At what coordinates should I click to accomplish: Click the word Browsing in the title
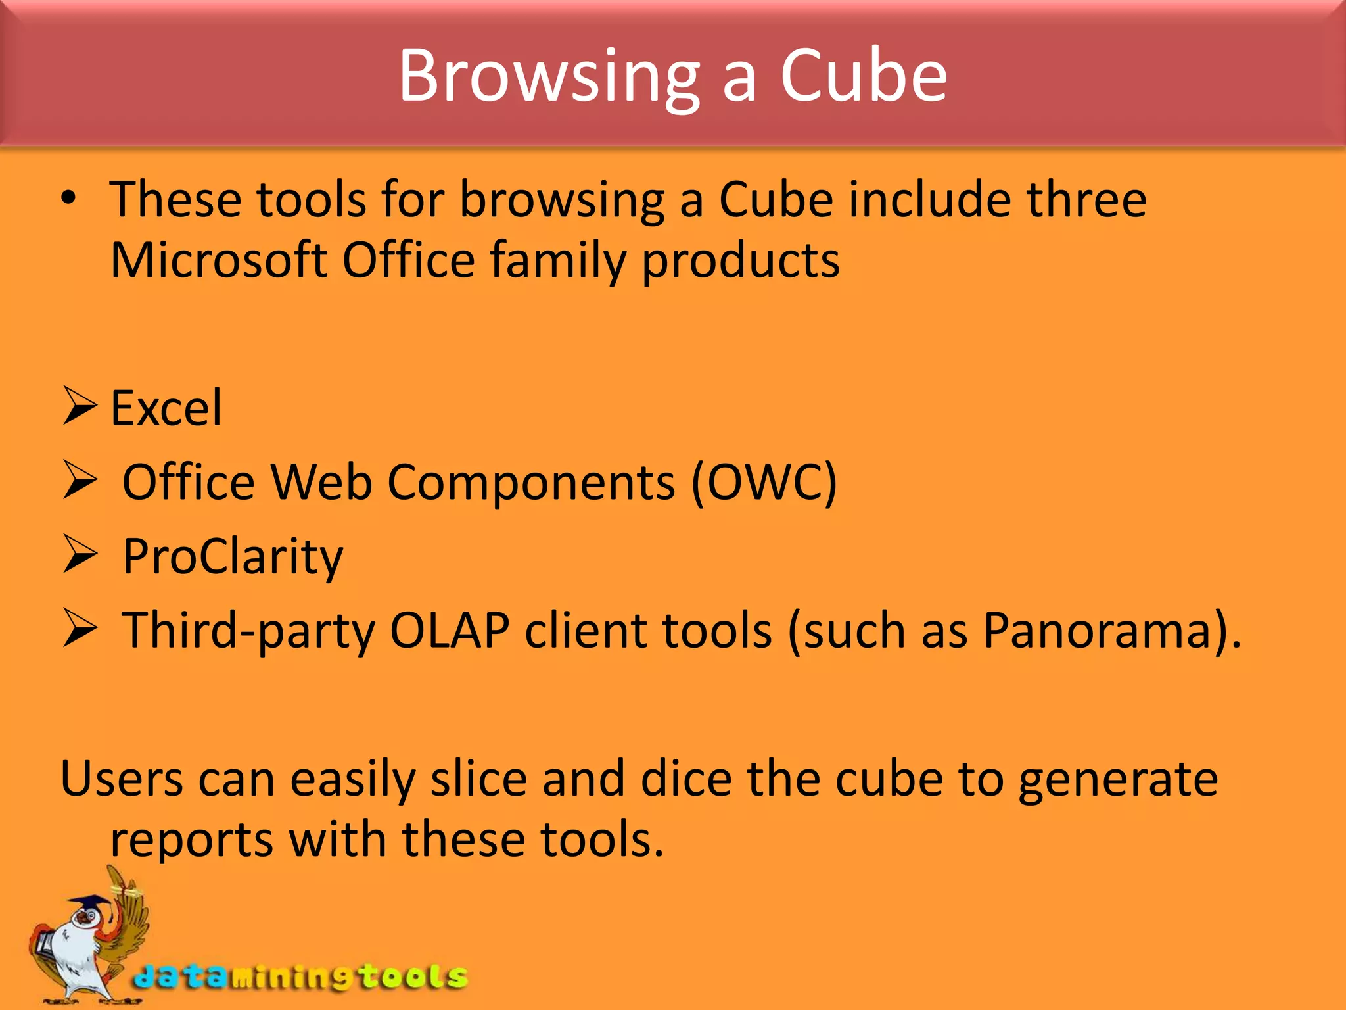(549, 78)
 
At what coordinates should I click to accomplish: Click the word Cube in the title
(863, 76)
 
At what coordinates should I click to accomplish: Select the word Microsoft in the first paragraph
(219, 260)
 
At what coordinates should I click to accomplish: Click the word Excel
(166, 409)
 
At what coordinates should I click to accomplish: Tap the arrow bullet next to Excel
(80, 406)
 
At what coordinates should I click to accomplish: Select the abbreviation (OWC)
(764, 483)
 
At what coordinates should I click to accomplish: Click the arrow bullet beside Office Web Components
(80, 481)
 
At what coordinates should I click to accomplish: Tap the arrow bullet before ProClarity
(80, 554)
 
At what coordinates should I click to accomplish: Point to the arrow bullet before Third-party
(80, 629)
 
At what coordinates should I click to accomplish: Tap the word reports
(191, 840)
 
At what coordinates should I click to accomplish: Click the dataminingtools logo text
(301, 977)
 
